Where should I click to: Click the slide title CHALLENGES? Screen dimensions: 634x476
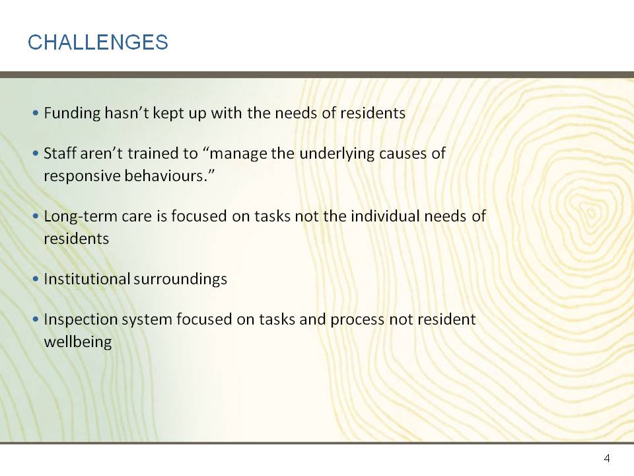(x=98, y=42)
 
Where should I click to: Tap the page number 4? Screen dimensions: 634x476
(x=606, y=458)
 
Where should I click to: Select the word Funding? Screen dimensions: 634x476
(x=73, y=114)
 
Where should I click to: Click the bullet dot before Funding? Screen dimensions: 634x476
(x=36, y=112)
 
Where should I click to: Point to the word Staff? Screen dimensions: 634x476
(x=60, y=153)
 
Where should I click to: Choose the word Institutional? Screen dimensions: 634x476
(x=87, y=279)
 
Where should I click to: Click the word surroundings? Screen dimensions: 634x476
(x=180, y=280)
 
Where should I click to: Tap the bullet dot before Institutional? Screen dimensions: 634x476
(x=36, y=278)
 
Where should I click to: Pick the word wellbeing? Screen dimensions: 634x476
(x=78, y=342)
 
